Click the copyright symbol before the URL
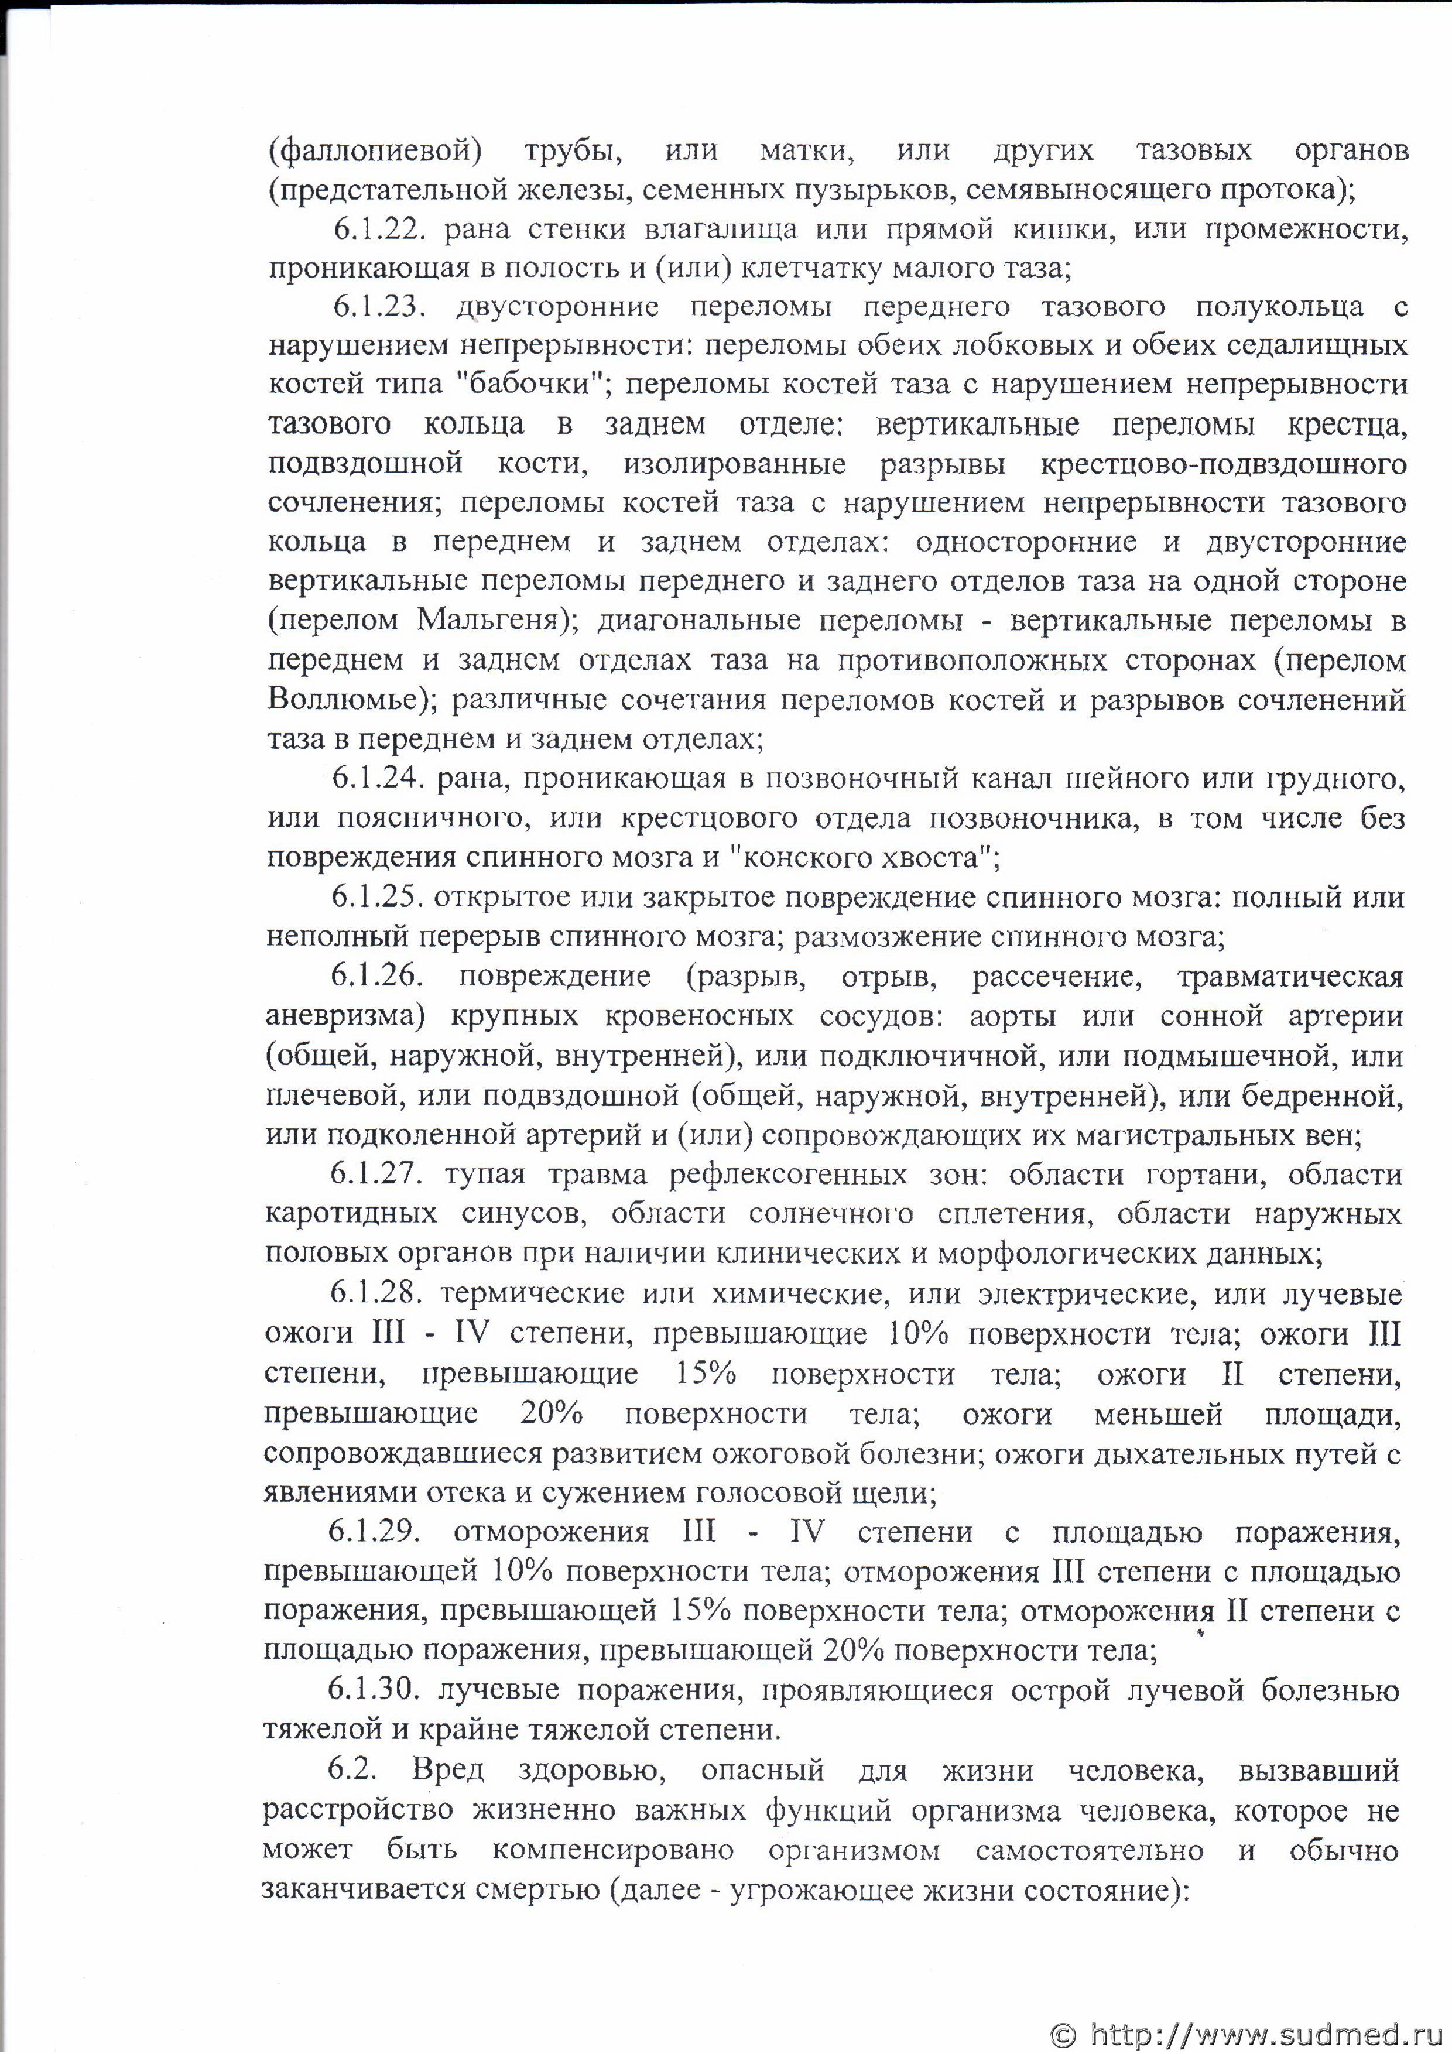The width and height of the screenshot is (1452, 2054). pyautogui.click(x=1063, y=2029)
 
